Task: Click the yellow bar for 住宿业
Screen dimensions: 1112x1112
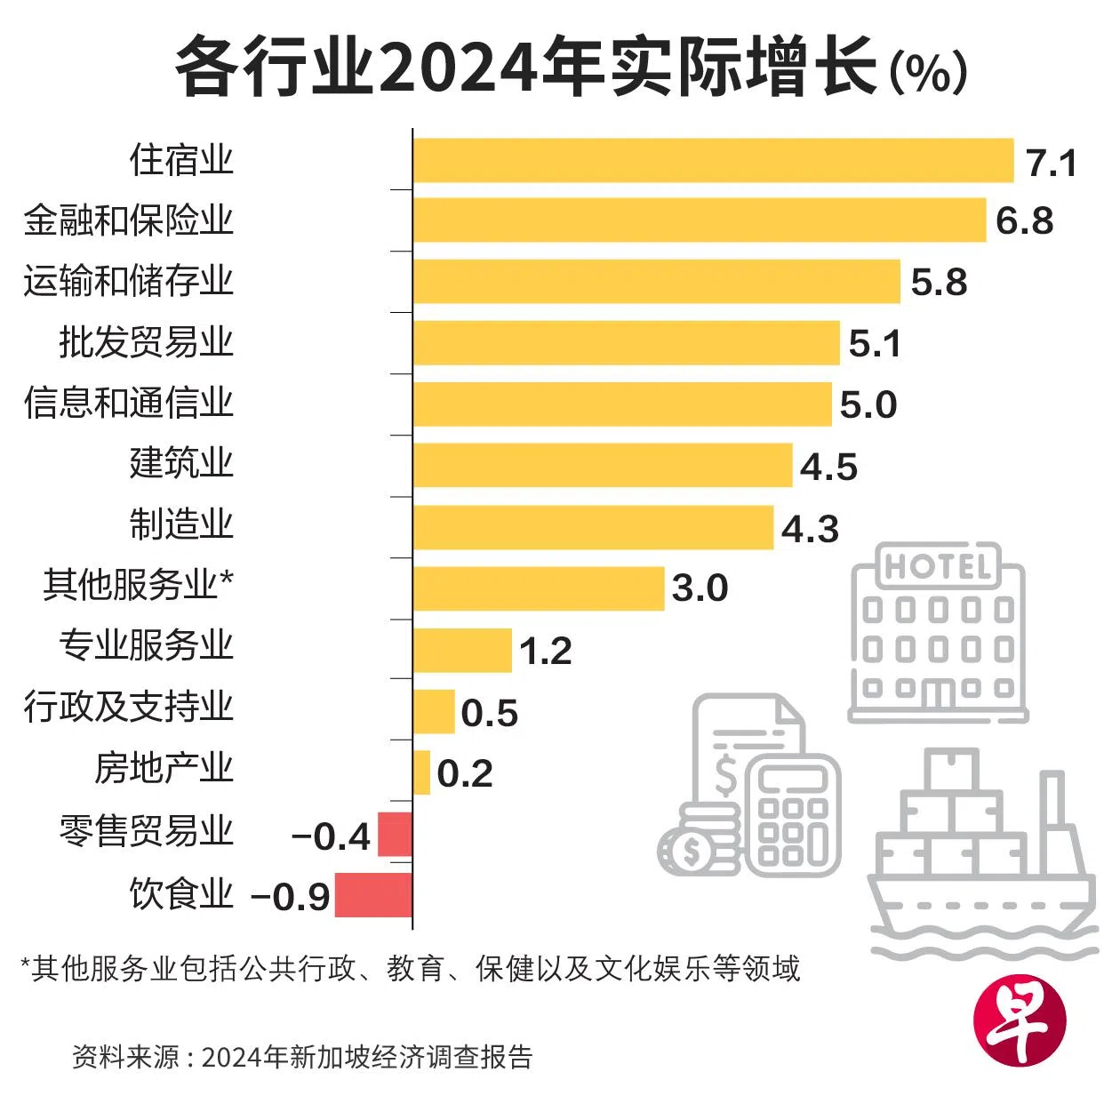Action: (x=713, y=160)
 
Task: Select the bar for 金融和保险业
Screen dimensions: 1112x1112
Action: (x=700, y=220)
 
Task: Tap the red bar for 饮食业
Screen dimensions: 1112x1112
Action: (x=373, y=895)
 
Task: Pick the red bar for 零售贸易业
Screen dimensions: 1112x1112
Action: (x=395, y=834)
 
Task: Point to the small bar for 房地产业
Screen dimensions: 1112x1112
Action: (x=421, y=772)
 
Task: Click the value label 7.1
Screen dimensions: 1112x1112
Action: (x=1052, y=164)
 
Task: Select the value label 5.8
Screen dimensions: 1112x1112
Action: (x=939, y=283)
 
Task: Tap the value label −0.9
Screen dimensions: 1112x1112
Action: (x=290, y=897)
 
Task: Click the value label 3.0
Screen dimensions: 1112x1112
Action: (x=700, y=588)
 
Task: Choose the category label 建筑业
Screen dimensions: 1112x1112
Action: (x=181, y=463)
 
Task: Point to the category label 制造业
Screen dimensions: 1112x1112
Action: (x=181, y=524)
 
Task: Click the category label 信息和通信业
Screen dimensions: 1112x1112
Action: (x=129, y=403)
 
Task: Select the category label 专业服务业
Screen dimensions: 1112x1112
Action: (x=147, y=645)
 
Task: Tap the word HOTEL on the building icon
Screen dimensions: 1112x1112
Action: (x=938, y=566)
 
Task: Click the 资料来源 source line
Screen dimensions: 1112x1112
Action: (x=302, y=1057)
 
